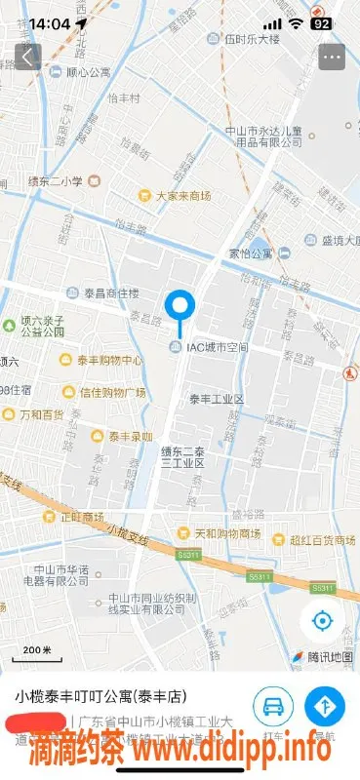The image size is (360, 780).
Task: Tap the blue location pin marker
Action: pos(180,308)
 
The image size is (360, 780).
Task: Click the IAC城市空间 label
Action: pos(218,347)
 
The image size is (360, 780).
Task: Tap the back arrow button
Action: pos(27,57)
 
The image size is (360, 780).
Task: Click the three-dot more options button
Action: pos(332,57)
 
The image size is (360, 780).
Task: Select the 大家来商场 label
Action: pos(183,196)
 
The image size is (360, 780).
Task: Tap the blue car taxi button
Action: pos(274,705)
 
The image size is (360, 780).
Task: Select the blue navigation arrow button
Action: pos(325,705)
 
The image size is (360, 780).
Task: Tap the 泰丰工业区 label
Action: pos(216,400)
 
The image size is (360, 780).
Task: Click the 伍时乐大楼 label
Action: pos(252,40)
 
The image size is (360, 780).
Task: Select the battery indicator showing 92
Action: pos(321,23)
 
